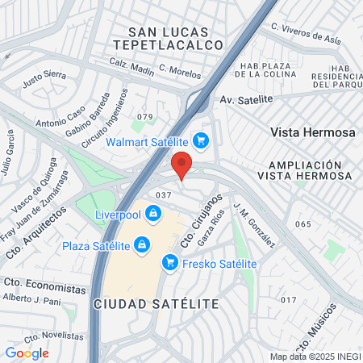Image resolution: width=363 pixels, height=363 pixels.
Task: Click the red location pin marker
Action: tap(182, 164)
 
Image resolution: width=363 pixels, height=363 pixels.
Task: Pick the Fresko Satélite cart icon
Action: tap(169, 263)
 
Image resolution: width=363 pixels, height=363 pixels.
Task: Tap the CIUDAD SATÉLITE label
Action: tap(156, 303)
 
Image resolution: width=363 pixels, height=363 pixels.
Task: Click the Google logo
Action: tap(27, 353)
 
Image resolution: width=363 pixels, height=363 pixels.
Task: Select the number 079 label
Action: tap(144, 118)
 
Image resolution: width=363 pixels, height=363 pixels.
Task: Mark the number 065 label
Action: tap(302, 223)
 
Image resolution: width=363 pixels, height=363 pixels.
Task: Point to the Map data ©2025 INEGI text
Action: tap(315, 357)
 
